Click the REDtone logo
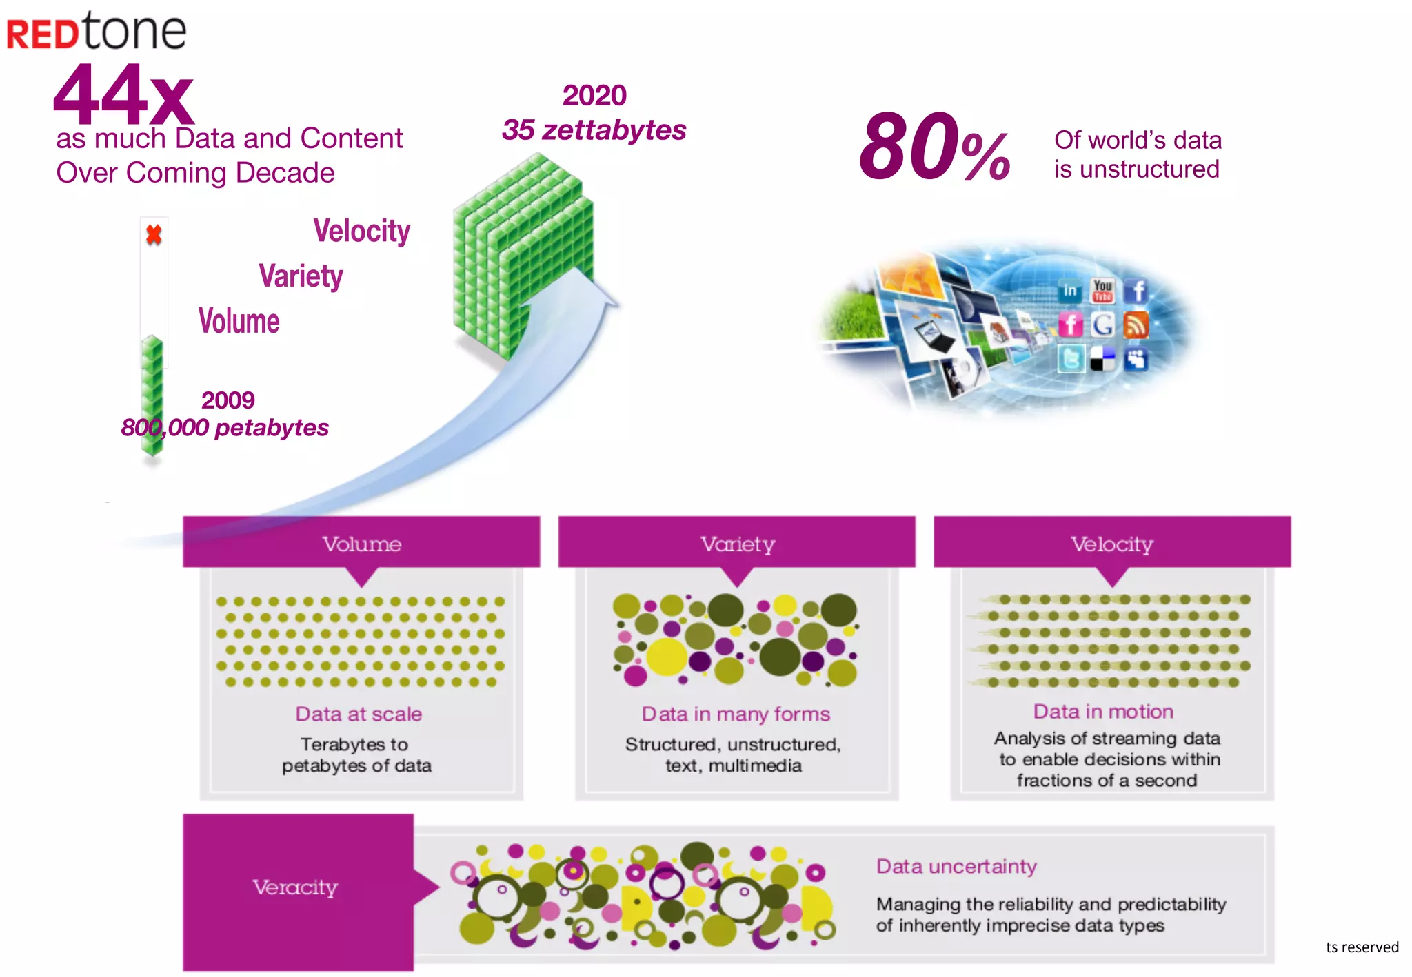click(x=97, y=32)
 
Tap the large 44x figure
click(x=124, y=95)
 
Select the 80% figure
click(x=934, y=147)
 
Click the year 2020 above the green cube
click(x=594, y=96)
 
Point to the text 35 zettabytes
click(x=594, y=130)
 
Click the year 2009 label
click(x=228, y=400)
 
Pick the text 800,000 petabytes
click(x=225, y=428)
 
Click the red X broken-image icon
click(x=154, y=235)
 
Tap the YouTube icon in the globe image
click(x=1102, y=291)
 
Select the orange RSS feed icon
click(x=1136, y=325)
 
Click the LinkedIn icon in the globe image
click(x=1070, y=291)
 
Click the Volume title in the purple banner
click(x=362, y=544)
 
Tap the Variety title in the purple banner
click(x=738, y=544)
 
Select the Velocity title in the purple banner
click(x=1112, y=544)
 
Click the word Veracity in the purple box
click(x=295, y=887)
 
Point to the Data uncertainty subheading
click(x=956, y=866)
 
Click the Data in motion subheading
click(x=1103, y=712)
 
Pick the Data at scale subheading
click(x=359, y=714)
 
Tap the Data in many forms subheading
click(x=736, y=714)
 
